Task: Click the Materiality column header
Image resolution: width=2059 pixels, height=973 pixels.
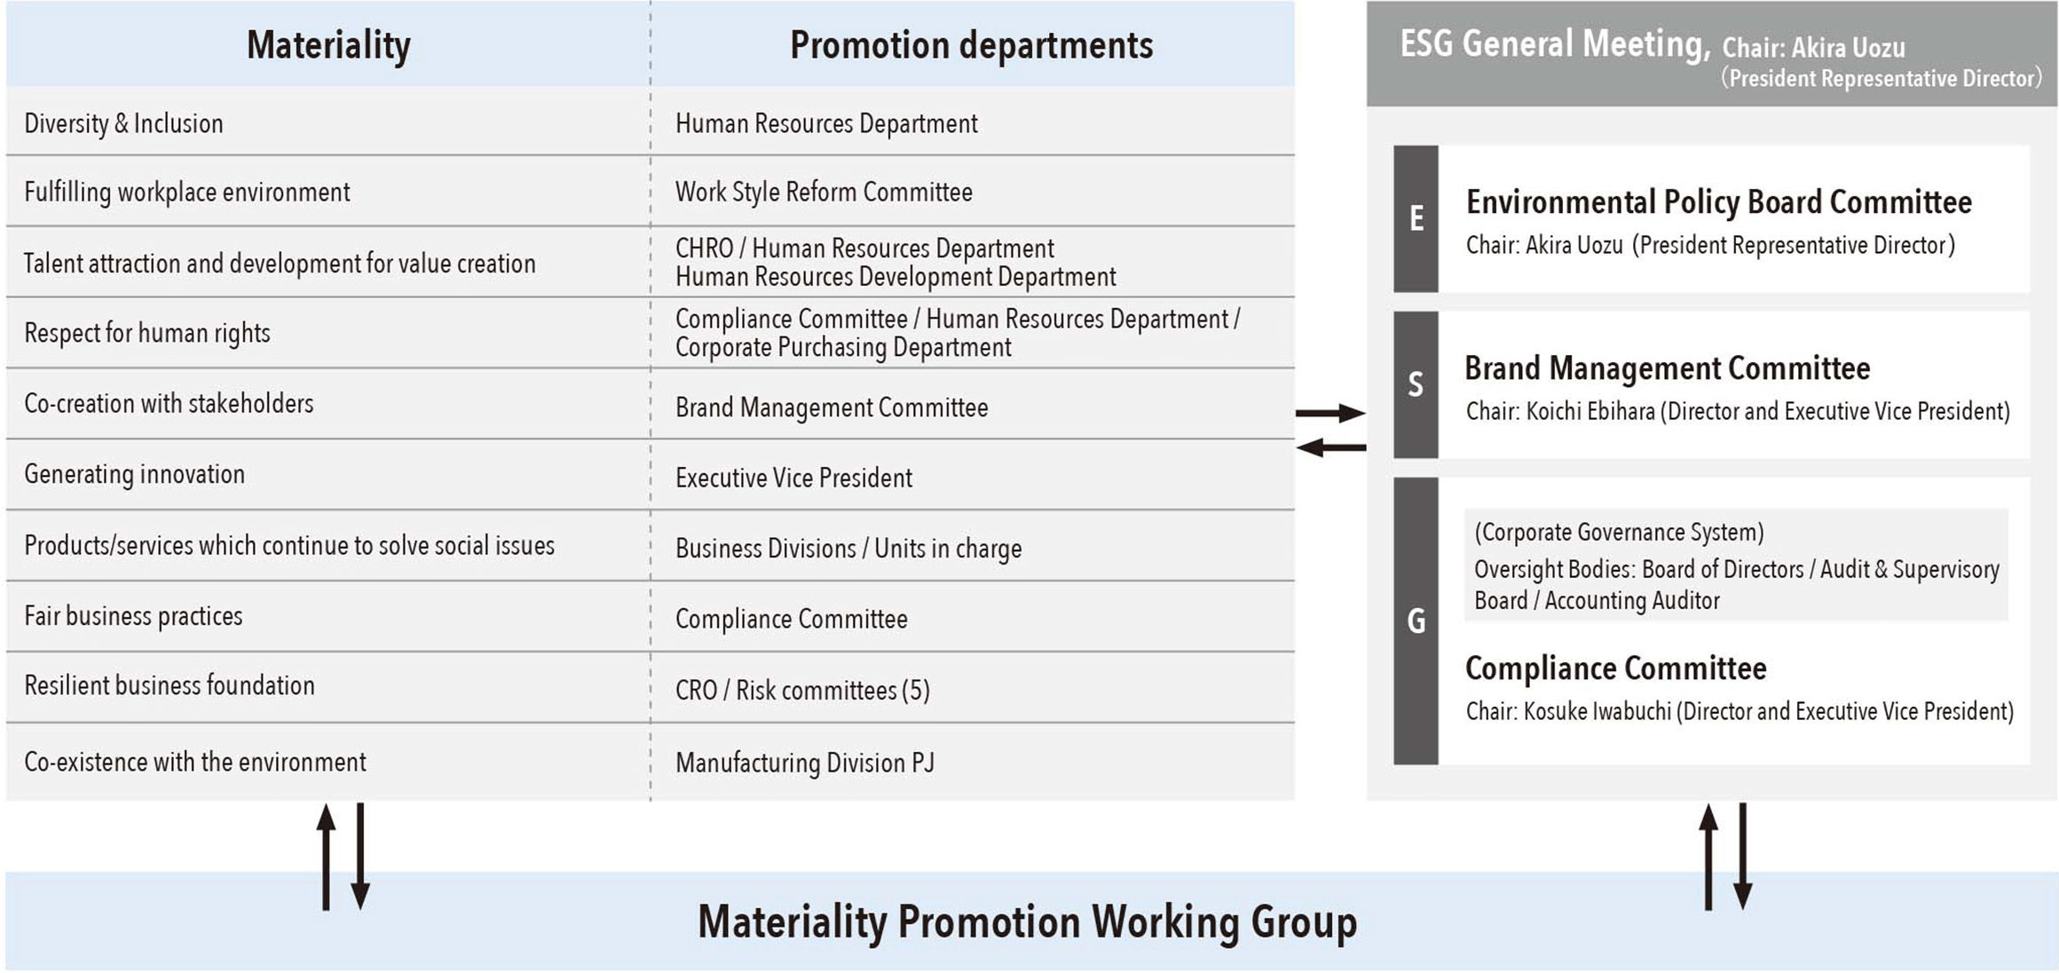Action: coord(328,45)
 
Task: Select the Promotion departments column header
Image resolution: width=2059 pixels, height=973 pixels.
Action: coord(971,45)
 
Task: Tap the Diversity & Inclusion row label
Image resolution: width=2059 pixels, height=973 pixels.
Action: coord(123,123)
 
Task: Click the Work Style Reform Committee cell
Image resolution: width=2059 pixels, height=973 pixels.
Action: coord(824,192)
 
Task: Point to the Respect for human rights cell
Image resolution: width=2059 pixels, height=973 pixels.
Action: coord(147,333)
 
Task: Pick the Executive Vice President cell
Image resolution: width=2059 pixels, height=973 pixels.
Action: coord(793,478)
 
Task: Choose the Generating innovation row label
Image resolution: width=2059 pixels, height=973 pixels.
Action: coord(134,474)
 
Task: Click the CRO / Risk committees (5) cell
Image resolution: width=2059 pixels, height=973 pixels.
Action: coord(802,690)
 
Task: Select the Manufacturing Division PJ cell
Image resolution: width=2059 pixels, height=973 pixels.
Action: coord(805,763)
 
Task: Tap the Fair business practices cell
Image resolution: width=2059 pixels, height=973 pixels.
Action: coord(133,616)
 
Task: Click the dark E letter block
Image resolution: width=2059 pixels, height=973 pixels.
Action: coord(1416,218)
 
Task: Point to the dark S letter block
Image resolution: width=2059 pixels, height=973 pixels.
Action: coord(1416,384)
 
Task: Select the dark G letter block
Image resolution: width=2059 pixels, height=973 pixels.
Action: coord(1416,621)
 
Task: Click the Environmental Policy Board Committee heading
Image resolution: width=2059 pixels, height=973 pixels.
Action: coord(1718,202)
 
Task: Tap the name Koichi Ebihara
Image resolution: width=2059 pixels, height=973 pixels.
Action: coord(1590,412)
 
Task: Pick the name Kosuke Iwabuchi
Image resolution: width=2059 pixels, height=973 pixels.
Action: coord(1597,712)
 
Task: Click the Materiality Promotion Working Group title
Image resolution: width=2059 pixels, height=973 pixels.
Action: coord(1027,922)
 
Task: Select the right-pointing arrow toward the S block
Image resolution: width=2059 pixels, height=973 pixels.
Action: coord(1330,413)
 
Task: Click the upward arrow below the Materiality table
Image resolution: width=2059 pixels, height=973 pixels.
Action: coord(327,857)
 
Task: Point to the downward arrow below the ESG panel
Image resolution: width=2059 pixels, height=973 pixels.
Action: coord(1743,857)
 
